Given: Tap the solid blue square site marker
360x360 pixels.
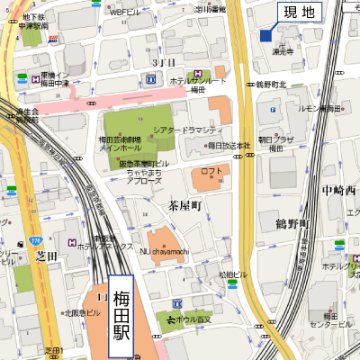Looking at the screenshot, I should [x=265, y=35].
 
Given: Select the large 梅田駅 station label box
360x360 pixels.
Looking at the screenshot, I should [x=121, y=317].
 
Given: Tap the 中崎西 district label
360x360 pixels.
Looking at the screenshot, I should [x=338, y=191].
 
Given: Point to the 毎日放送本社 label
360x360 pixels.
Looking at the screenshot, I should [x=228, y=145].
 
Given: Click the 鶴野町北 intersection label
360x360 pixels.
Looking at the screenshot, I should [x=271, y=85].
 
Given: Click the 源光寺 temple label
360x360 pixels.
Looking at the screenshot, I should [x=283, y=51].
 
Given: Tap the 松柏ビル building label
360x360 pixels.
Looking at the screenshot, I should [x=232, y=274].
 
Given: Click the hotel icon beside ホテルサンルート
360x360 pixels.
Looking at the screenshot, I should [x=196, y=74].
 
